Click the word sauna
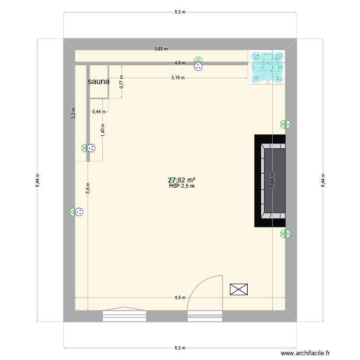pos(98,82)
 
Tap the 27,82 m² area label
pos(181,180)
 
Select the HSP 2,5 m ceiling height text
pos(181,186)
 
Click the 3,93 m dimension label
pos(160,48)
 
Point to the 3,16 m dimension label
pos(178,78)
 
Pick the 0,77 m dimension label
pos(121,82)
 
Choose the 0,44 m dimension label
pos(99,112)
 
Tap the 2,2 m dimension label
pos(73,113)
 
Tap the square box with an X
pos(239,289)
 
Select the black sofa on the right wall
pos(270,180)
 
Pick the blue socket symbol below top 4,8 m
pos(198,68)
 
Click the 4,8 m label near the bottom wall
pos(180,298)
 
